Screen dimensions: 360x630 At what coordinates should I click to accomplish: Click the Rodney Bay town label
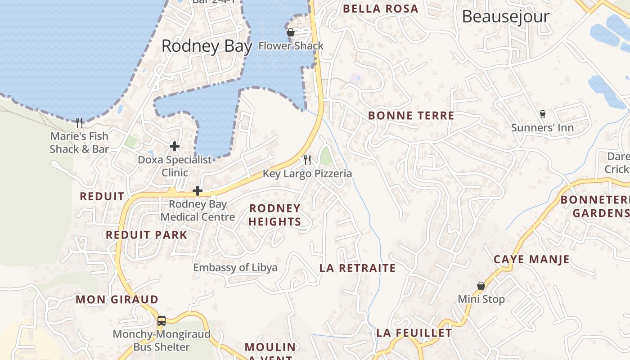207,46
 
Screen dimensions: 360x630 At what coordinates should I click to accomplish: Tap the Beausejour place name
505,17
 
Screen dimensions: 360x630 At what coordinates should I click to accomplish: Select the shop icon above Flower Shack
291,32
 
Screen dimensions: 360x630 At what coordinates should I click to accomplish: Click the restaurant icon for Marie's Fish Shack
80,122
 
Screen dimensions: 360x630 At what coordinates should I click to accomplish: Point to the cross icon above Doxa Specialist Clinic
175,146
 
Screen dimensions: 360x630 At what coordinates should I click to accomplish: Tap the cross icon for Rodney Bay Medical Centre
197,191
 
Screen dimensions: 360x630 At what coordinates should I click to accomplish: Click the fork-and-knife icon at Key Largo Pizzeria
307,160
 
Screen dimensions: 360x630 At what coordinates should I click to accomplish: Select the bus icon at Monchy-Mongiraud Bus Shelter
162,321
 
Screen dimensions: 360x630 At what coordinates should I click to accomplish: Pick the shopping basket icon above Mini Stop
481,286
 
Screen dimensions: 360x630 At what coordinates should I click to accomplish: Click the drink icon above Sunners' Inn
542,114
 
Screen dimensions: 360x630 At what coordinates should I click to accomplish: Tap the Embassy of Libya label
235,268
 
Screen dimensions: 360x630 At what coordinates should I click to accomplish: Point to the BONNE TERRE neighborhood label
411,116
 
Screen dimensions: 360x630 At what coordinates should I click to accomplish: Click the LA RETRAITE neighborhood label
357,268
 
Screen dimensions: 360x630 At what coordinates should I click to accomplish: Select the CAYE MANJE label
531,260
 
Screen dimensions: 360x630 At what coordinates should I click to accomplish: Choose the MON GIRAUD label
117,300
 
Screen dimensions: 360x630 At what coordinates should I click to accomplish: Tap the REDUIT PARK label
146,235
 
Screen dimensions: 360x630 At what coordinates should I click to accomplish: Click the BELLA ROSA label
381,9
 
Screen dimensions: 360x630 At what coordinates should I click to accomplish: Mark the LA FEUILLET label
414,333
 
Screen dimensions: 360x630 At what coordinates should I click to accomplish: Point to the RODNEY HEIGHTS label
274,215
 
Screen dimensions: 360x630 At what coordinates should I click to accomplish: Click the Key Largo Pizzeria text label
307,174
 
